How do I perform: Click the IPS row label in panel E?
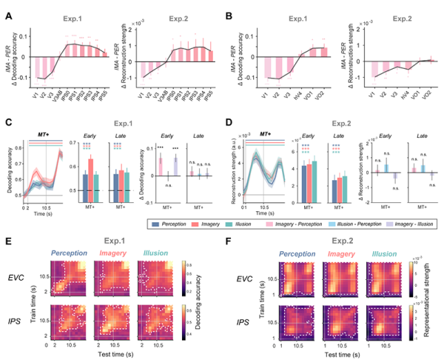pyautogui.click(x=22, y=312)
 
